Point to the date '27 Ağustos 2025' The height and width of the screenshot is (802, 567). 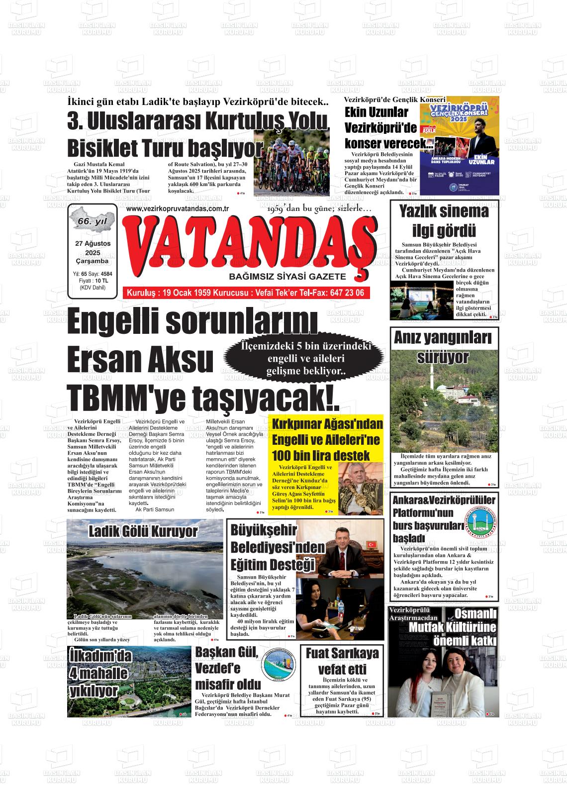point(93,248)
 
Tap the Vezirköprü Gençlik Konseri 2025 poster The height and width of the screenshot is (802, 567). point(459,144)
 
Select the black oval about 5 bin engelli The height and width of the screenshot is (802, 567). point(305,359)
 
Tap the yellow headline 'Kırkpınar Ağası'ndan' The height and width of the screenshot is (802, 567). point(327,424)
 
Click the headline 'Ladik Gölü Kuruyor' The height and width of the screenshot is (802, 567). point(143,531)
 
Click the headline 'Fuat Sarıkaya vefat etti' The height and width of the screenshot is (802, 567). point(342,660)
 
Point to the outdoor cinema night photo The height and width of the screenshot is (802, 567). point(422,301)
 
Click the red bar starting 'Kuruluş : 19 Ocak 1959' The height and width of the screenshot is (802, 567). point(246,293)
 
